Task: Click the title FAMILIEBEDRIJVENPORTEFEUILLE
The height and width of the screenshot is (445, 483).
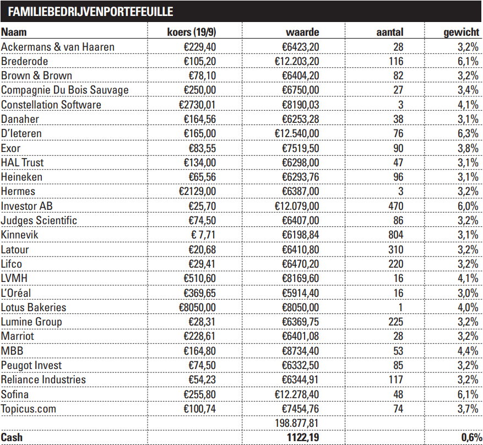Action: point(90,11)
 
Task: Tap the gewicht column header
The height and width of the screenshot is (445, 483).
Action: point(461,32)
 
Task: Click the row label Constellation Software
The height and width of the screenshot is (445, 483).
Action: point(51,105)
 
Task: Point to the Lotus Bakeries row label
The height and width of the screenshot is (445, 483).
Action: point(34,307)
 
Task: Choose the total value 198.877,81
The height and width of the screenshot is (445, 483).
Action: point(296,423)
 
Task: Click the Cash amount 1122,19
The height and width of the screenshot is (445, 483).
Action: point(302,437)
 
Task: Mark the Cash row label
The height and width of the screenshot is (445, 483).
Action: point(12,437)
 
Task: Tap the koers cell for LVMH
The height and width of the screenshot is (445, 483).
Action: point(199,279)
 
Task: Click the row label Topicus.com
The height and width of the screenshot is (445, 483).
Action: point(29,409)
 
